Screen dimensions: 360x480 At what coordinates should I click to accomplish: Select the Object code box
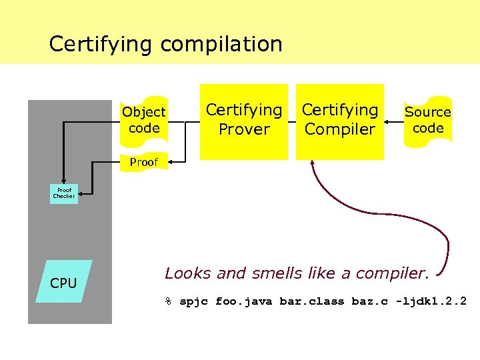(144, 120)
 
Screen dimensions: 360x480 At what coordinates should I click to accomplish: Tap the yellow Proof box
(144, 162)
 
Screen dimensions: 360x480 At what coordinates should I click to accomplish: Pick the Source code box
(428, 120)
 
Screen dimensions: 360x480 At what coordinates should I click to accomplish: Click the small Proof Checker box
(64, 194)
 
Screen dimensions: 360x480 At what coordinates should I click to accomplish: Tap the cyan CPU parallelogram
(63, 282)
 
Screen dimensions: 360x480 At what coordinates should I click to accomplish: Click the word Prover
(244, 130)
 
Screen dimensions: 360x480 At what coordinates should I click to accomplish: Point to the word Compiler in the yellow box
(340, 130)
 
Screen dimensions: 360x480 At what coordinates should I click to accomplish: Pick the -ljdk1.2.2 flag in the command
(431, 301)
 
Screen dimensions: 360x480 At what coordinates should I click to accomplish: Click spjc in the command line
(194, 301)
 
